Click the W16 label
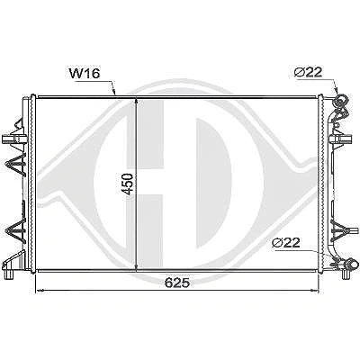[85, 74]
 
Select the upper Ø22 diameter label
[308, 72]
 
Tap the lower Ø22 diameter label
[286, 242]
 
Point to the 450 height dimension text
[129, 184]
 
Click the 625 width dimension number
[177, 283]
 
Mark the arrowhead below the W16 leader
[114, 91]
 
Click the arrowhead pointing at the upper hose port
[337, 89]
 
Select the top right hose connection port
[342, 101]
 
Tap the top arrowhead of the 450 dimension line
[137, 103]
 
